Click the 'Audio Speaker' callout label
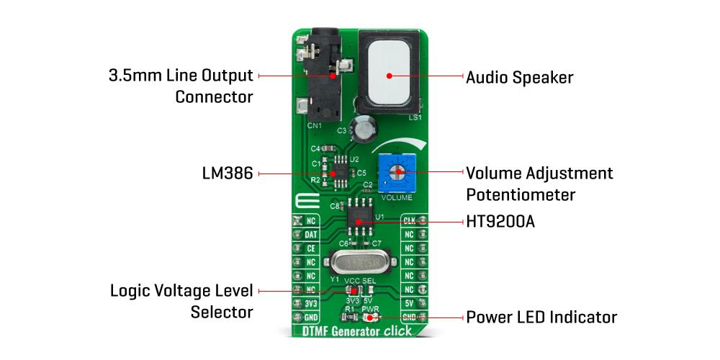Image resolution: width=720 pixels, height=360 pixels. (x=519, y=77)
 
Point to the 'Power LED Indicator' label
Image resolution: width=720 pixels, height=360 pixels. (x=541, y=317)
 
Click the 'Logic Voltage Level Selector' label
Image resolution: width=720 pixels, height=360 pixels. (x=181, y=301)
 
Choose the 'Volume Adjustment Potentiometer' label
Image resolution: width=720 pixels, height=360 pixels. (x=539, y=184)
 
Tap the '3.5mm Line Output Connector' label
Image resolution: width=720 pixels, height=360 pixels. (x=180, y=85)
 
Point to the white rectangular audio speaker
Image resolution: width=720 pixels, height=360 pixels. (x=390, y=75)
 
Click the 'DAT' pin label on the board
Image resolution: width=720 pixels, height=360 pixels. (x=311, y=234)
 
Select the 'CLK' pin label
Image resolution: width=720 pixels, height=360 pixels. (x=409, y=220)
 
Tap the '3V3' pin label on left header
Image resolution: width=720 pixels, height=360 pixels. (x=310, y=303)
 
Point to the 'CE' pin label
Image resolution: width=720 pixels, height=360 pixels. (x=311, y=248)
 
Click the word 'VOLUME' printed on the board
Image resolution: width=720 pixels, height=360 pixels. (x=397, y=197)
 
